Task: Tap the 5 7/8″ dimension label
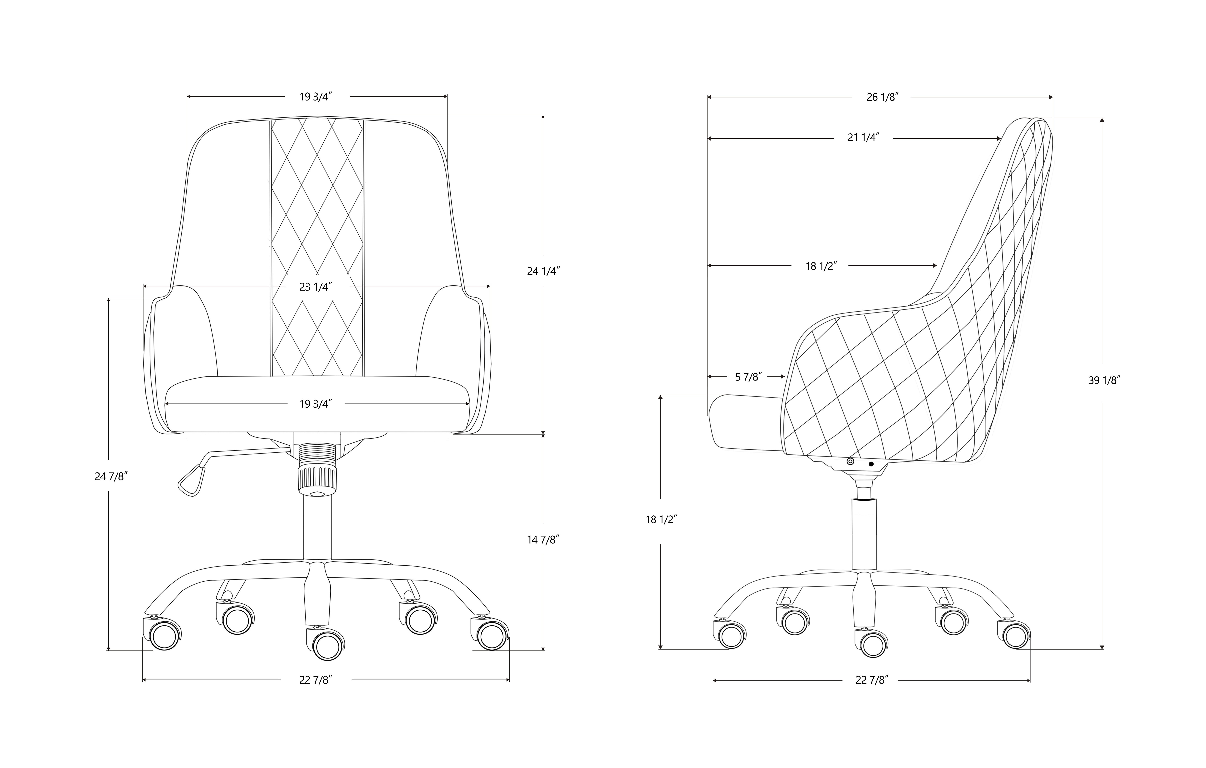(x=748, y=377)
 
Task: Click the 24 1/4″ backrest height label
(x=543, y=271)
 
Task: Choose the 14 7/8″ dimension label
(x=543, y=539)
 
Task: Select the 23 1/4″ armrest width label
(x=316, y=287)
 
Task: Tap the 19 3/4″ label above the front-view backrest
(x=316, y=97)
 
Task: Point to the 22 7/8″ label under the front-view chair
(x=316, y=680)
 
